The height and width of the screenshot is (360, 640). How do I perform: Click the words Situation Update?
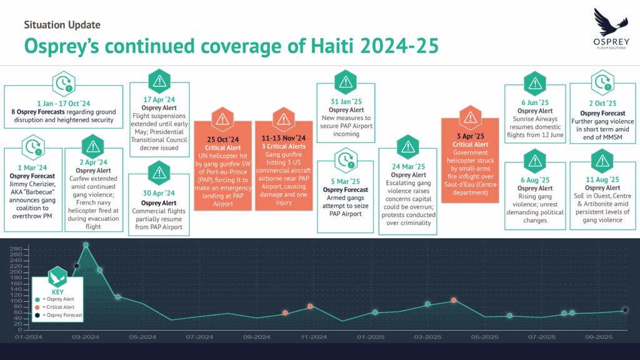tap(62, 25)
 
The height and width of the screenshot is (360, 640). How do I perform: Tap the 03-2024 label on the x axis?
tap(86, 337)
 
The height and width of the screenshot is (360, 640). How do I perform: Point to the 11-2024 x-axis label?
tap(314, 337)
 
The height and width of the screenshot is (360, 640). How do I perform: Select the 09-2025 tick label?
tap(599, 337)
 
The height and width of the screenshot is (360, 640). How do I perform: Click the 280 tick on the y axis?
tap(17, 249)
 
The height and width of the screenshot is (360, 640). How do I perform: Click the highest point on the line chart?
tap(86, 245)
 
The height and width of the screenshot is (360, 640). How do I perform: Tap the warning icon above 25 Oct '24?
tap(222, 119)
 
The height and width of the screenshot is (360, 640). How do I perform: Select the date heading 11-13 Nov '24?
tap(284, 137)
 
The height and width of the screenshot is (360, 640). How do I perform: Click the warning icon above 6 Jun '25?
tap(534, 82)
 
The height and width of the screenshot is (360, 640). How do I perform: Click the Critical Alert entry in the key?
tap(60, 307)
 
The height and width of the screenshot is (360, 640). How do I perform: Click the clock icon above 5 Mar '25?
tap(345, 161)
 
